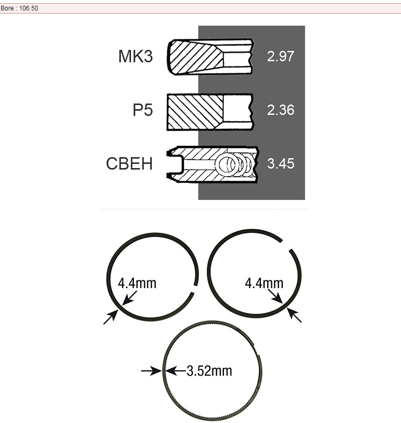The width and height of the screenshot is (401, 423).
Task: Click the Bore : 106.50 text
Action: (x=19, y=8)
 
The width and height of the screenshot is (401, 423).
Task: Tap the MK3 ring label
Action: (x=135, y=56)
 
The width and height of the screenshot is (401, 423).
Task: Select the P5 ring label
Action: (x=143, y=110)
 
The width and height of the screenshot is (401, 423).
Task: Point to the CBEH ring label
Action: (x=129, y=164)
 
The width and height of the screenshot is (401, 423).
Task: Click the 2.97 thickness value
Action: (x=281, y=56)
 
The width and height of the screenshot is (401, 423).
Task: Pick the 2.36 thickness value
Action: (x=281, y=110)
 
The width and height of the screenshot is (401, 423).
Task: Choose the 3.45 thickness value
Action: (x=281, y=164)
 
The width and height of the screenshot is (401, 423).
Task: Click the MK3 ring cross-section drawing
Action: (x=210, y=57)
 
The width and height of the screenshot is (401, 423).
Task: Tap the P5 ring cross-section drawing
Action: (x=210, y=112)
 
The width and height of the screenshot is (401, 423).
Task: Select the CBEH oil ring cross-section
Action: (x=212, y=164)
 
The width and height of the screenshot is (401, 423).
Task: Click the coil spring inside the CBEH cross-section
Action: (x=235, y=164)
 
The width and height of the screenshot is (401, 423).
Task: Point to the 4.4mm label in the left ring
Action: (x=137, y=283)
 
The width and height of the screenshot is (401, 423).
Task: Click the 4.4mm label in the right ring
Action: (x=264, y=283)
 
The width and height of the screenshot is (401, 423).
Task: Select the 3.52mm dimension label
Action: (x=209, y=371)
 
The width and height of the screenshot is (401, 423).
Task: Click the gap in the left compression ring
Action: (x=195, y=289)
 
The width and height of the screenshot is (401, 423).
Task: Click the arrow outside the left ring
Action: (x=111, y=317)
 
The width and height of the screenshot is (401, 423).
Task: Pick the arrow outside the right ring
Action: (x=294, y=315)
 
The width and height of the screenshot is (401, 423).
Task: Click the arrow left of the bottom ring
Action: (x=152, y=371)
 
